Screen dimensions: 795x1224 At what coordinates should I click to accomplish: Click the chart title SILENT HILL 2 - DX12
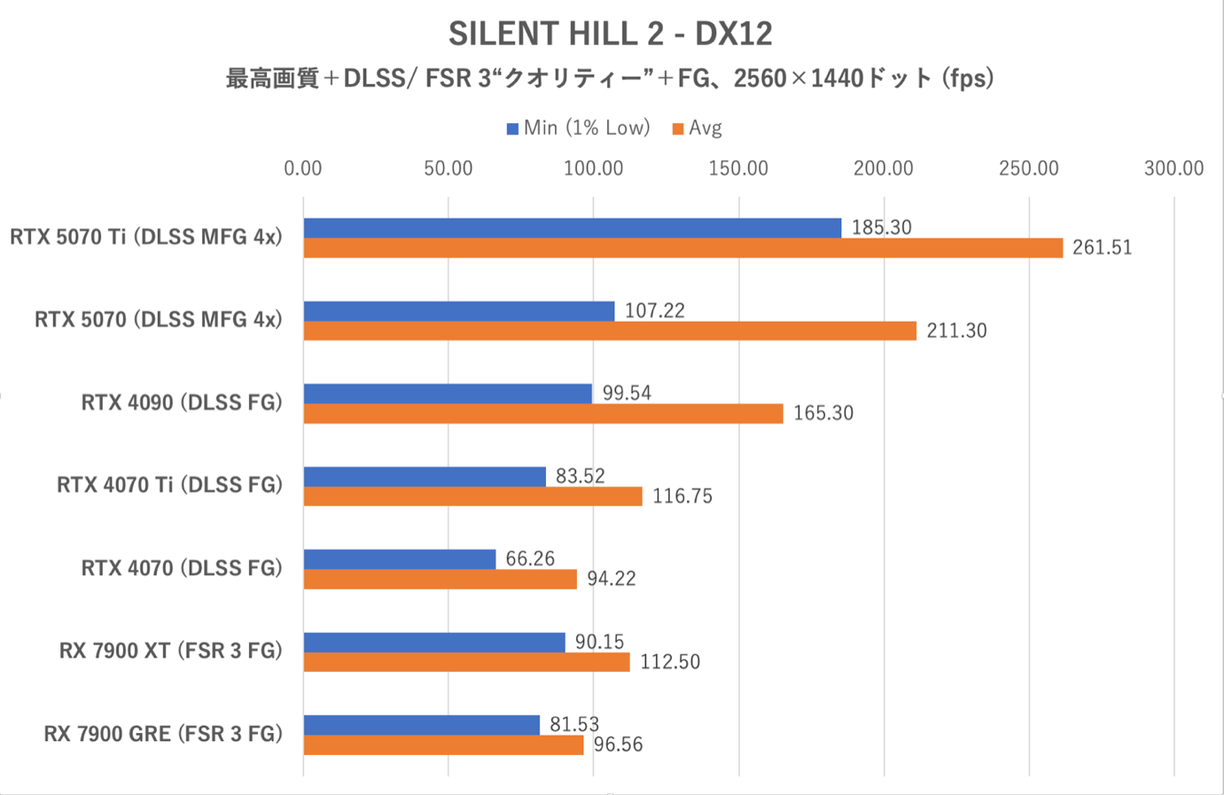(610, 34)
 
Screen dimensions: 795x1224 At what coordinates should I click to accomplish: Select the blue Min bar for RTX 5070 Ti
(572, 228)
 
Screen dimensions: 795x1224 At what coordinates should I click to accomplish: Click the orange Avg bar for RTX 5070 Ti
(682, 248)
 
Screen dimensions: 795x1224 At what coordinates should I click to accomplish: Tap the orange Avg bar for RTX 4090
(542, 414)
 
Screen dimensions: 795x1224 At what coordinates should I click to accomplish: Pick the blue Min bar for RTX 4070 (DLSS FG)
(399, 559)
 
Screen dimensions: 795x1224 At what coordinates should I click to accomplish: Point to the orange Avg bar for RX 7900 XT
(466, 662)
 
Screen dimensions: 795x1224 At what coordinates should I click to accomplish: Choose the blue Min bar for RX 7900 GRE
(421, 725)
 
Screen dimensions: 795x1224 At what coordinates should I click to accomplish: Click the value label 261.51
(1102, 248)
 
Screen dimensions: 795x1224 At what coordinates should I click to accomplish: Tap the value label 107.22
(654, 310)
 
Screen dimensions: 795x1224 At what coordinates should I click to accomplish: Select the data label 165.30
(822, 414)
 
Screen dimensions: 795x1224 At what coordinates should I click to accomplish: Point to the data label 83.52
(580, 476)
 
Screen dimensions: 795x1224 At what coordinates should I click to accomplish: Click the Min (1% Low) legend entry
(578, 129)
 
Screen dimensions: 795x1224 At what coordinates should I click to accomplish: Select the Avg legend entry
(698, 129)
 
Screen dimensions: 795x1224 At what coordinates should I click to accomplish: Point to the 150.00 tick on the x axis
(738, 168)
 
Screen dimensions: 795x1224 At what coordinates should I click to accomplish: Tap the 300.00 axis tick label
(1173, 168)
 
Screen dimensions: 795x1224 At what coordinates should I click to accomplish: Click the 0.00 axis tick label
(303, 168)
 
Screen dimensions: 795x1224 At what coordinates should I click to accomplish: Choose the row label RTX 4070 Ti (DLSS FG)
(169, 485)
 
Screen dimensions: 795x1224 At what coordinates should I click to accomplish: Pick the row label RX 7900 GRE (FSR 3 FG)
(163, 734)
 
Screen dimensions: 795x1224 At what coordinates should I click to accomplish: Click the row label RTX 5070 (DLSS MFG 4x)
(158, 320)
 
